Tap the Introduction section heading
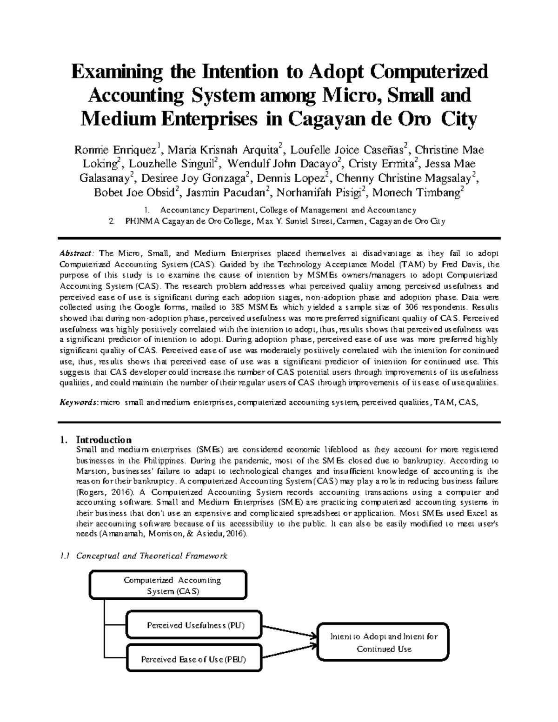coord(104,440)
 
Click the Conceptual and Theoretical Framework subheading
coord(152,556)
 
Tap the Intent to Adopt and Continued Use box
coord(384,643)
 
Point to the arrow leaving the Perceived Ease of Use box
coord(288,655)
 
